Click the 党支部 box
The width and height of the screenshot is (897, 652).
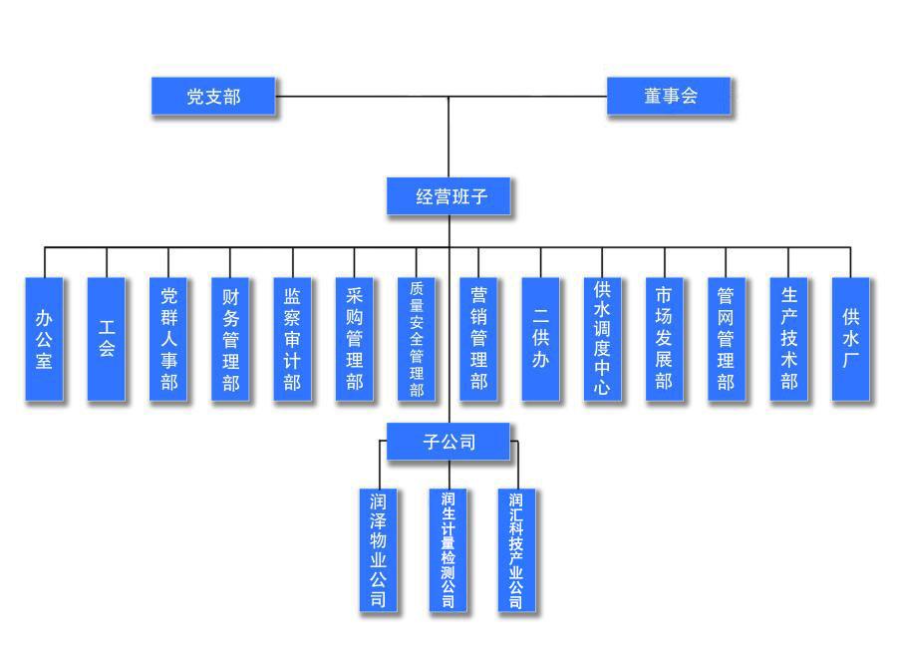(214, 97)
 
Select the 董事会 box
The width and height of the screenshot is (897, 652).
(670, 97)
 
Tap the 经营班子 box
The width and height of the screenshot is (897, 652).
(450, 196)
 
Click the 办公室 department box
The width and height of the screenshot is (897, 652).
(44, 339)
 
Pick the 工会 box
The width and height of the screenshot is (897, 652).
(107, 339)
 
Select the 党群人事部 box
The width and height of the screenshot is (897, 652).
(168, 339)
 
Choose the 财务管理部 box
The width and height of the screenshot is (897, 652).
(230, 339)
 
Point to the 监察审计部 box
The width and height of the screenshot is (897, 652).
(292, 339)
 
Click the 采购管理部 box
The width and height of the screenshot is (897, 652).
(355, 339)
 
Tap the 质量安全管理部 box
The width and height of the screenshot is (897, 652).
(417, 339)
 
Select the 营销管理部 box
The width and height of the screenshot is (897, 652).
(478, 339)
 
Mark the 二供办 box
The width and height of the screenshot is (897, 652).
(541, 339)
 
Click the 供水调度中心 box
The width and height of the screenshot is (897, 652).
(602, 339)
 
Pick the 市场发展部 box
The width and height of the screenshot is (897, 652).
(664, 339)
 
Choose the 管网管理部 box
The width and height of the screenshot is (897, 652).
(726, 339)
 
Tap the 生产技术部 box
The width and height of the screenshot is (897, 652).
(788, 339)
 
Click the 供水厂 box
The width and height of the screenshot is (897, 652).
(850, 339)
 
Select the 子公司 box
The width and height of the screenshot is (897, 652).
(448, 442)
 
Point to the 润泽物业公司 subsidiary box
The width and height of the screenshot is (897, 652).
(379, 548)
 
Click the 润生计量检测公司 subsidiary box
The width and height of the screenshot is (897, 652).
(448, 548)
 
